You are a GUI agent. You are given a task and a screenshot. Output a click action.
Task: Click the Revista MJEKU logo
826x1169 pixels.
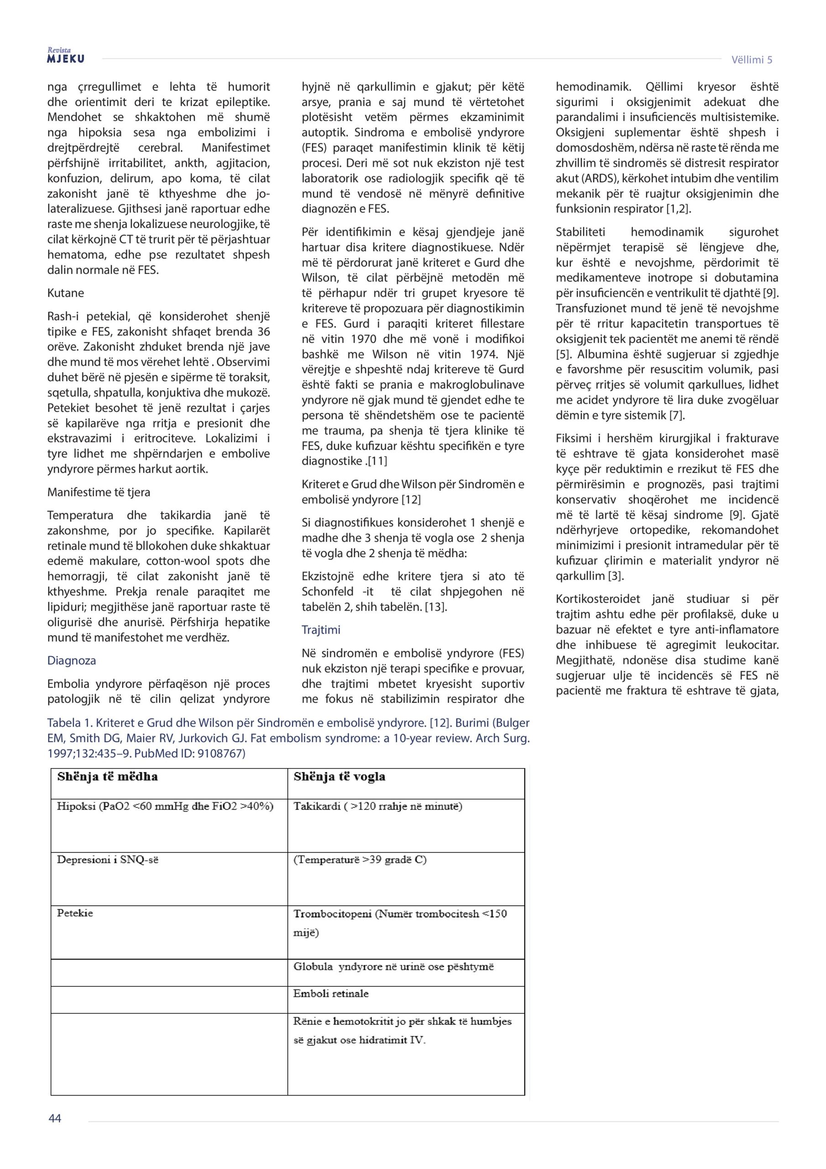pos(66,56)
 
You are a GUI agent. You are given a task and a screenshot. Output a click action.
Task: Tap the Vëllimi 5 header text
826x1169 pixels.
pos(751,59)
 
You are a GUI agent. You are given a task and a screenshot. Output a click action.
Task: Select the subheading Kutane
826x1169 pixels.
pos(66,293)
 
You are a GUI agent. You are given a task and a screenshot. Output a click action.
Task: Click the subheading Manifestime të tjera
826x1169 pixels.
pos(99,492)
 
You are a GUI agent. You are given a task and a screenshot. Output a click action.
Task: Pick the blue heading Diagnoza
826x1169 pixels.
pos(72,660)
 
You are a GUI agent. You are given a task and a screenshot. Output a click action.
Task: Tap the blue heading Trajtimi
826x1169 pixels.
pos(321,630)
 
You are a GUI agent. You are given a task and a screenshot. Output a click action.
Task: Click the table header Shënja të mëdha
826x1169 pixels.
pos(107,776)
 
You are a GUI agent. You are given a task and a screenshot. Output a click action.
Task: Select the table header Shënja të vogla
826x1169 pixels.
pos(340,776)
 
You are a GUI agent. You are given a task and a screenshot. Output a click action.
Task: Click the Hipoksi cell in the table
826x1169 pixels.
pos(165,806)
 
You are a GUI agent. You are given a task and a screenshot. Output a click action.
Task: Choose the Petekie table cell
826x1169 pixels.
pos(75,913)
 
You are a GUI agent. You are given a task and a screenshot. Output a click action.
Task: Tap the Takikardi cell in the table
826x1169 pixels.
pos(377,806)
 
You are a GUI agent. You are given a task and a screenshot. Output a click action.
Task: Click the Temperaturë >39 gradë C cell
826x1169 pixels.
pos(360,860)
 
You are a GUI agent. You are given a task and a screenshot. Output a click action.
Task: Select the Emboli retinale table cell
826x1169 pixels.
pos(331,993)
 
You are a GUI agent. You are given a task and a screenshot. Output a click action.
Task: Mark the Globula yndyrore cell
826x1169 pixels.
pos(393,966)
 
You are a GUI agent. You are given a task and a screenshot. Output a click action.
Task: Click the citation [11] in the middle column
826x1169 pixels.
pos(377,461)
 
